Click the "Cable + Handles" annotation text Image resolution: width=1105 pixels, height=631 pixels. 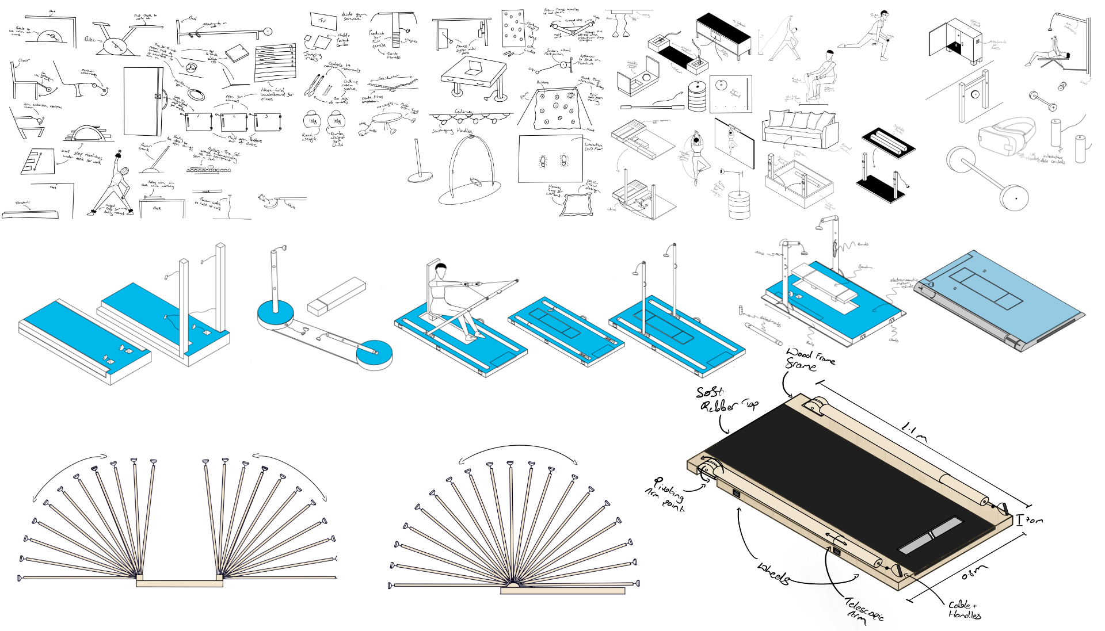click(964, 609)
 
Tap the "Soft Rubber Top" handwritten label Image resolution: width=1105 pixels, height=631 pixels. click(724, 400)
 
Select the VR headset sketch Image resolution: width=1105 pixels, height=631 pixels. click(1006, 136)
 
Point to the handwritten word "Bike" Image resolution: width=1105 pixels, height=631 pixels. click(90, 40)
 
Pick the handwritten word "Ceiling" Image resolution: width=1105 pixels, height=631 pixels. click(463, 111)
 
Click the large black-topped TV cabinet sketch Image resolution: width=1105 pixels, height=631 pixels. click(723, 35)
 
